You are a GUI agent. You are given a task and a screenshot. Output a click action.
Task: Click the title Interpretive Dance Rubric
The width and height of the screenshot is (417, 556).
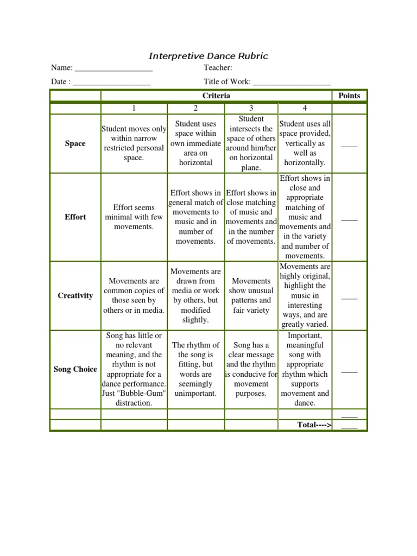[208, 56]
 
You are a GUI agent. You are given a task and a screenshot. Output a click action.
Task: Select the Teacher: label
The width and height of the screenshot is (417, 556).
[218, 68]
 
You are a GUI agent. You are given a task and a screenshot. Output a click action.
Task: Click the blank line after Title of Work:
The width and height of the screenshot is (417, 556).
[292, 83]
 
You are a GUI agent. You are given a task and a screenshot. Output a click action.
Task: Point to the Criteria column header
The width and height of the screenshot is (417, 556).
[216, 96]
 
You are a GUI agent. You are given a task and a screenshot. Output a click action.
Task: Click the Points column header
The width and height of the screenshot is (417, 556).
[349, 96]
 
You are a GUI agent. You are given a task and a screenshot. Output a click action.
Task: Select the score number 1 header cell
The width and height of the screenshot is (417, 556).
[134, 109]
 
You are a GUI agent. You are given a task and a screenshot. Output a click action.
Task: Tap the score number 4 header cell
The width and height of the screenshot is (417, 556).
[305, 109]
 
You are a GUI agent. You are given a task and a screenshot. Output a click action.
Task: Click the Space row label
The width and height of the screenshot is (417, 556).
[75, 144]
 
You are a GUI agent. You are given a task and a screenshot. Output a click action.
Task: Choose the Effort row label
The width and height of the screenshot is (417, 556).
[75, 217]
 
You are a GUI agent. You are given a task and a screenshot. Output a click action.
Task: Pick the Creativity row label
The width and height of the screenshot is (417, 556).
[75, 296]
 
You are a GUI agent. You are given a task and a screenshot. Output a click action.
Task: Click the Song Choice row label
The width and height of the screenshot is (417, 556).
[75, 369]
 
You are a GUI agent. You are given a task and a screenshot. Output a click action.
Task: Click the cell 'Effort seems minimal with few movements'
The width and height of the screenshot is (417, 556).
[134, 217]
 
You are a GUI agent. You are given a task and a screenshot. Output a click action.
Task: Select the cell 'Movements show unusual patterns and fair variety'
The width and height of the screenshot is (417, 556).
[250, 296]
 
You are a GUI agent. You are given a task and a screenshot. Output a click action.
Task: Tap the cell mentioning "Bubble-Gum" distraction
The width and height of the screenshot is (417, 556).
[134, 369]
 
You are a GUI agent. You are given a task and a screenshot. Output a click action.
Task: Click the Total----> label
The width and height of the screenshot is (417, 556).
[314, 425]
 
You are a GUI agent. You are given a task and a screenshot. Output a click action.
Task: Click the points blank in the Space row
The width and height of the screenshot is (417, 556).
[349, 145]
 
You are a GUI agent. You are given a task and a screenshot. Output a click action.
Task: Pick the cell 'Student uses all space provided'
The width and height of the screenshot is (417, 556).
[305, 143]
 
